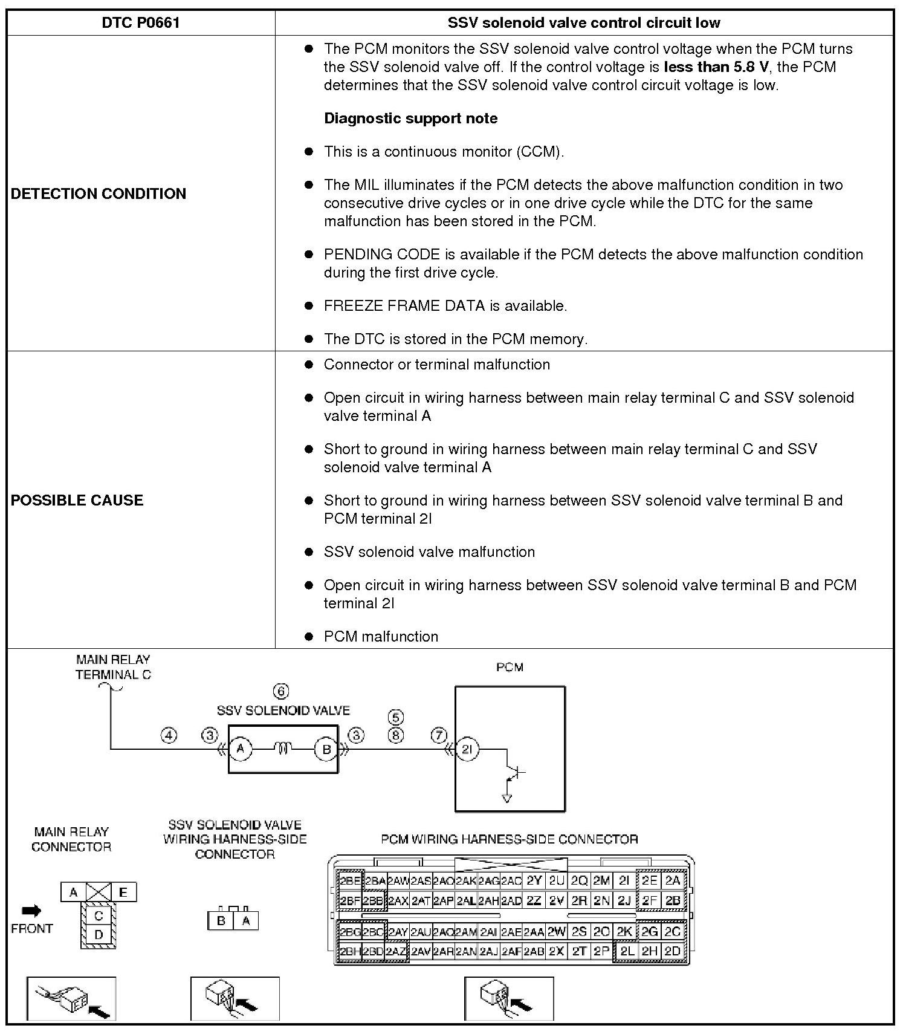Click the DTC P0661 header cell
pyautogui.click(x=141, y=23)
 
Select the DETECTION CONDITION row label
pyautogui.click(x=99, y=193)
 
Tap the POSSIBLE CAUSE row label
pyautogui.click(x=77, y=500)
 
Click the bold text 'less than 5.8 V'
pyautogui.click(x=716, y=67)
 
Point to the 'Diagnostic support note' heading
pyautogui.click(x=411, y=118)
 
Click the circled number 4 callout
pyautogui.click(x=169, y=735)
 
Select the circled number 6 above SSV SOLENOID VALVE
pyautogui.click(x=281, y=691)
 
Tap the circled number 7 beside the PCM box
pyautogui.click(x=439, y=735)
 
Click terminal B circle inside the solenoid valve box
pyautogui.click(x=326, y=750)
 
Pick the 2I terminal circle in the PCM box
pyautogui.click(x=467, y=750)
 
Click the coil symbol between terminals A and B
pyautogui.click(x=283, y=750)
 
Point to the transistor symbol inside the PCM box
pyautogui.click(x=516, y=772)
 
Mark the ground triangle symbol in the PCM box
pyautogui.click(x=507, y=798)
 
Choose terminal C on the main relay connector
pyautogui.click(x=99, y=916)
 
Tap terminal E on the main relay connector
pyautogui.click(x=123, y=892)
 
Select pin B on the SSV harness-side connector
pyautogui.click(x=221, y=921)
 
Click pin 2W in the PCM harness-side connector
pyautogui.click(x=557, y=932)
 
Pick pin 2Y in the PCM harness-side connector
pyautogui.click(x=534, y=880)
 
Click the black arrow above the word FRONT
pyautogui.click(x=31, y=911)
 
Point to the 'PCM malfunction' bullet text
pyautogui.click(x=381, y=636)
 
